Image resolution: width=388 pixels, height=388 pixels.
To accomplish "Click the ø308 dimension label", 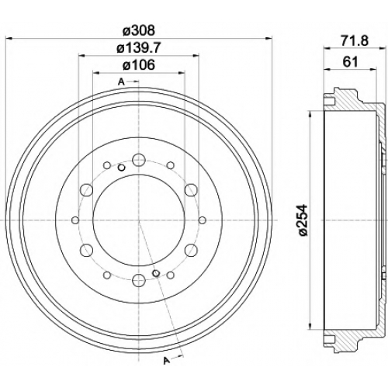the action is [x=139, y=30].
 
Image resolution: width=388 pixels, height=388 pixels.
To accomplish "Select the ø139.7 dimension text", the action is [x=139, y=48].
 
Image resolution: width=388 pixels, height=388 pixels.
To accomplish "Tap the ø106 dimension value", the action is [x=139, y=64].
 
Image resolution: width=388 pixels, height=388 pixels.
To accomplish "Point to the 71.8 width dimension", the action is [x=354, y=41].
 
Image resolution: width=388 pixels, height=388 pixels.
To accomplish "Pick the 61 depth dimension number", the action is [x=350, y=62].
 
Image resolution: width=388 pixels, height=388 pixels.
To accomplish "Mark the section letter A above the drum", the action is [x=121, y=82].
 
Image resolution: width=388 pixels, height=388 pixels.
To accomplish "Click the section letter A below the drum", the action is [x=167, y=360].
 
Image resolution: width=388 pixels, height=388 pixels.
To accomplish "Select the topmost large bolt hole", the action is [x=139, y=160].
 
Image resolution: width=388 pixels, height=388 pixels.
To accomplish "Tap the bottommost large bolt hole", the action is [x=139, y=280].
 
